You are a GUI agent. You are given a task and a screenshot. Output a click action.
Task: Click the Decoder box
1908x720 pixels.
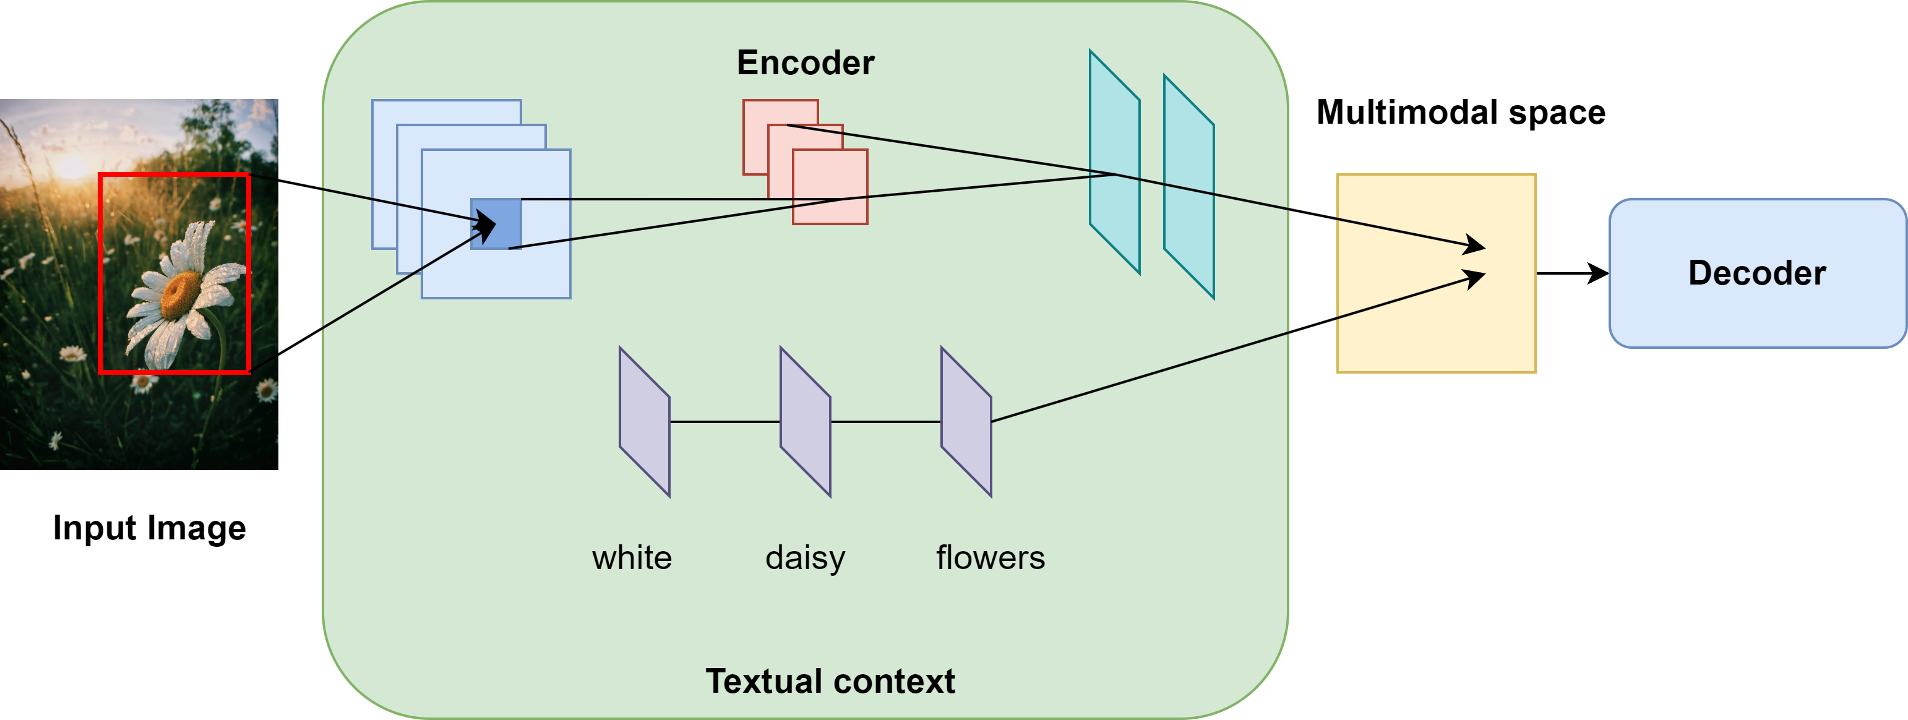pyautogui.click(x=1757, y=273)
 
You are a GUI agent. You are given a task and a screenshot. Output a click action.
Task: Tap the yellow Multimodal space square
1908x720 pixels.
pyautogui.click(x=1436, y=273)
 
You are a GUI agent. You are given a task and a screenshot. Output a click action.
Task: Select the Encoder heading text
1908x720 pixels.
pyautogui.click(x=805, y=63)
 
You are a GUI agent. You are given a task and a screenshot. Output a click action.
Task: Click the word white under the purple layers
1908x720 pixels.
pyautogui.click(x=632, y=558)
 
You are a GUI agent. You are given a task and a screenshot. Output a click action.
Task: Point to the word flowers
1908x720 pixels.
pyautogui.click(x=991, y=558)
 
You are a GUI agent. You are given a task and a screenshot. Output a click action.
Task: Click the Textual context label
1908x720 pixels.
pyautogui.click(x=830, y=682)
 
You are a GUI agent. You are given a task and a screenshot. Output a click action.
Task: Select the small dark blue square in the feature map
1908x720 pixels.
pyautogui.click(x=496, y=224)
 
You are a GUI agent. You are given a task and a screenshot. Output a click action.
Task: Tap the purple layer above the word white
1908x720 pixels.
pyautogui.click(x=645, y=421)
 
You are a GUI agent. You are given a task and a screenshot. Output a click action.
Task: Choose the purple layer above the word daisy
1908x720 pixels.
pyautogui.click(x=805, y=421)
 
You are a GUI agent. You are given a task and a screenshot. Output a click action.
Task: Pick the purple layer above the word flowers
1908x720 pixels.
pyautogui.click(x=966, y=421)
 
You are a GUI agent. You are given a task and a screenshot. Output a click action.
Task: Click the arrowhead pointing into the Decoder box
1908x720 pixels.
pyautogui.click(x=1600, y=273)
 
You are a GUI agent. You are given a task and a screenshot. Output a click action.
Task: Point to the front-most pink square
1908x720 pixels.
pyautogui.click(x=830, y=187)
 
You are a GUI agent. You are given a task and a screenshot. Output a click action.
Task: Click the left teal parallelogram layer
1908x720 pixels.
pyautogui.click(x=1114, y=162)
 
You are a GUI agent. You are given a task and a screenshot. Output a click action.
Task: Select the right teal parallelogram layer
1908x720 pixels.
pyautogui.click(x=1189, y=187)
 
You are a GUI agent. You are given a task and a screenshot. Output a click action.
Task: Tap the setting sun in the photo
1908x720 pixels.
pyautogui.click(x=72, y=166)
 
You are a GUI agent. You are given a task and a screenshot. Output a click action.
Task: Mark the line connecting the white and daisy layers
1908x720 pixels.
pyautogui.click(x=725, y=421)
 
